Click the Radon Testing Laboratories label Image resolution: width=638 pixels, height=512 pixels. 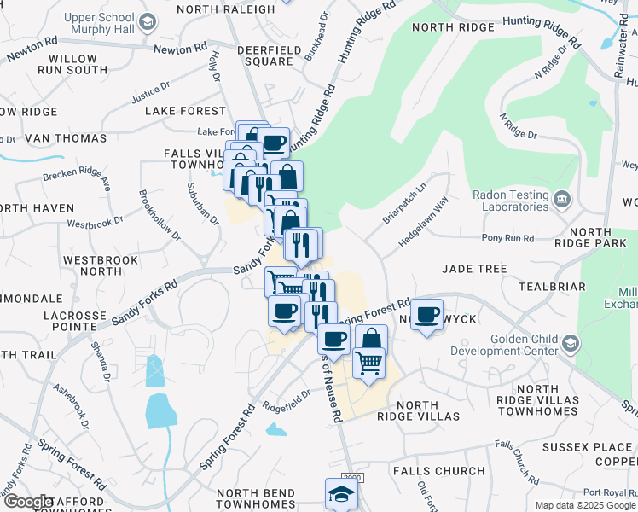tap(511, 201)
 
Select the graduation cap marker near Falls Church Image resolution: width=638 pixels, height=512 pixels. tap(341, 494)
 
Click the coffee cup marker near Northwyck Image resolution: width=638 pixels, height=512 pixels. tap(428, 316)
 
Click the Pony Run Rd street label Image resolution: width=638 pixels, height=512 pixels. tap(507, 238)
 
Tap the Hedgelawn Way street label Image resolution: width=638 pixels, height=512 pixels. tap(425, 224)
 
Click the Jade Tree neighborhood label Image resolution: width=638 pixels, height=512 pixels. tap(474, 269)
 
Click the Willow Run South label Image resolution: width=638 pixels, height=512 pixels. tap(78, 64)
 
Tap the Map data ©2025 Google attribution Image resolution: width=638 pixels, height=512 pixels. tap(585, 505)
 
